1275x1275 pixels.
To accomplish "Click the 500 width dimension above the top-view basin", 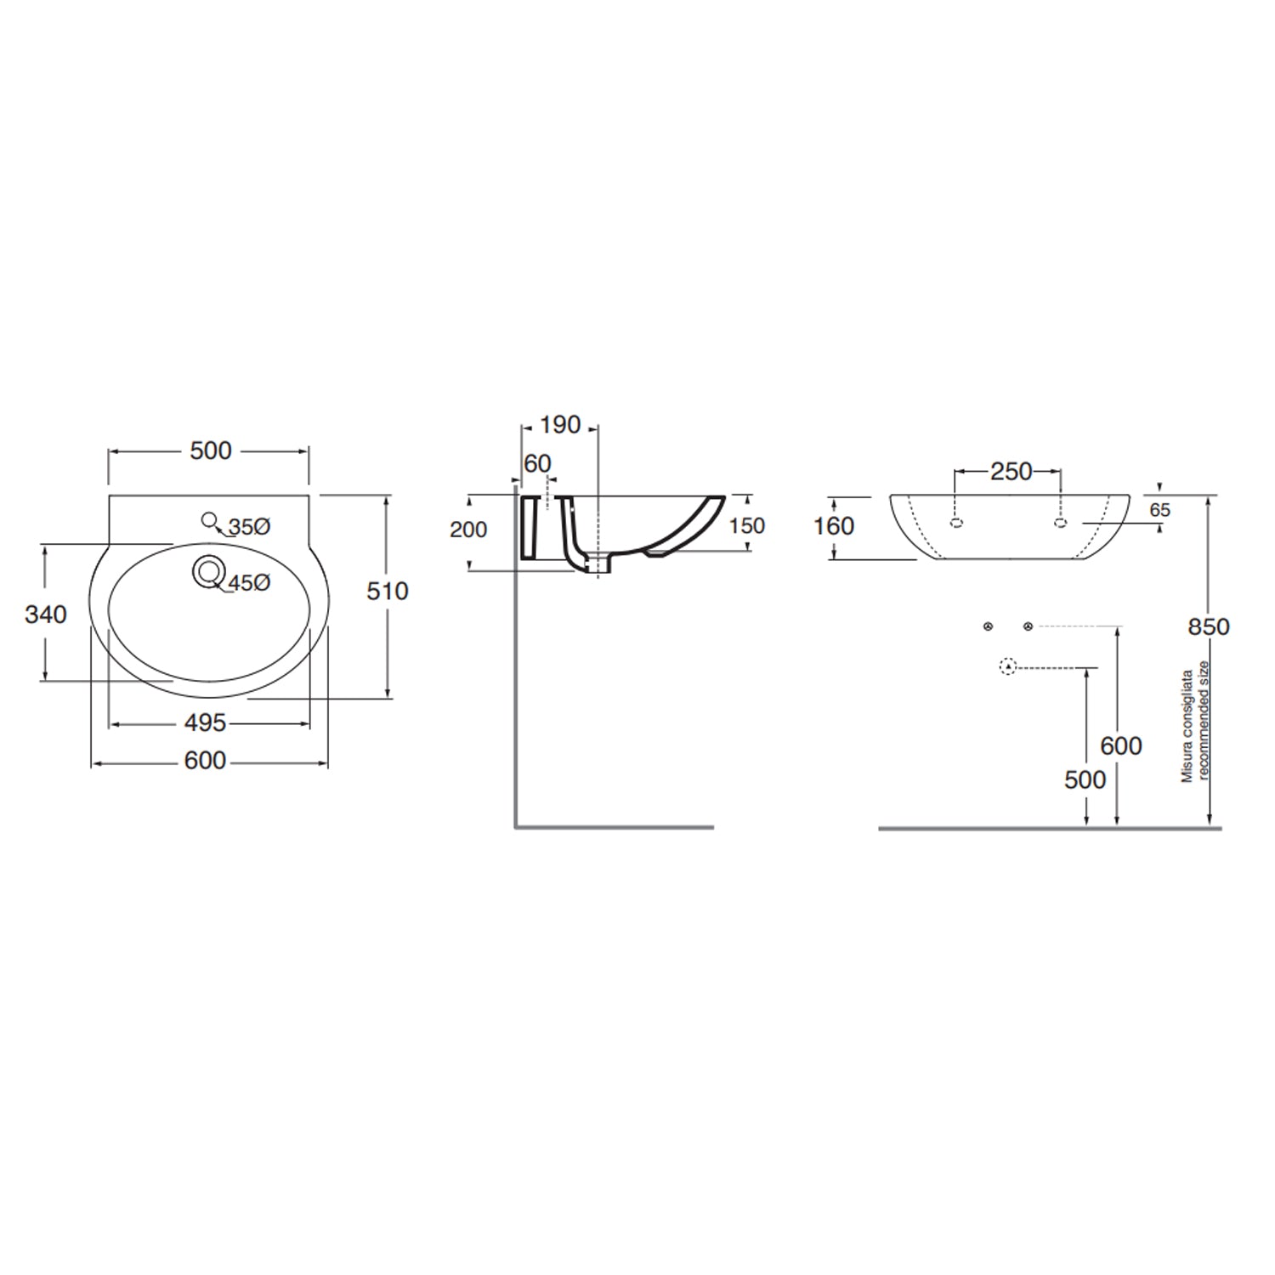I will point(210,450).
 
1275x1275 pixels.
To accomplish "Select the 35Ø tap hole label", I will point(249,527).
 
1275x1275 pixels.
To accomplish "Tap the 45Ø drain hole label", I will point(249,583).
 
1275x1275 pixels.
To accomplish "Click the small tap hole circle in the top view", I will point(208,519).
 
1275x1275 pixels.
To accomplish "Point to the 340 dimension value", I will point(45,614).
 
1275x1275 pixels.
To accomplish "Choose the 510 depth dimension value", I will point(388,591).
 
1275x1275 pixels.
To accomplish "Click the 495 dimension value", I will point(206,722).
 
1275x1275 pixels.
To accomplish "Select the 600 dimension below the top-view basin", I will point(206,761).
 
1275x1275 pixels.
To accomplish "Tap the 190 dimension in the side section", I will point(560,424).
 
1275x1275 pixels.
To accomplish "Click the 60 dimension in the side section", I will point(537,463).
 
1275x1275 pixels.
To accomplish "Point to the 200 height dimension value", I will point(468,530).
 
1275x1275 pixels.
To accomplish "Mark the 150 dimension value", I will point(747,526).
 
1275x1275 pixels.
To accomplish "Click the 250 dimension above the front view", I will point(1011,471).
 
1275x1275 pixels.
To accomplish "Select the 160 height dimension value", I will point(834,526).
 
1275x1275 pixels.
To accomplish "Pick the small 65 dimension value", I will point(1159,510).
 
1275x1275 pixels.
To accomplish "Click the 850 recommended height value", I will point(1209,626).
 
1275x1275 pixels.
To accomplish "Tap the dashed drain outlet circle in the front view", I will point(1008,667).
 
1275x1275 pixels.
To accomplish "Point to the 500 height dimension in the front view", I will point(1085,779).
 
